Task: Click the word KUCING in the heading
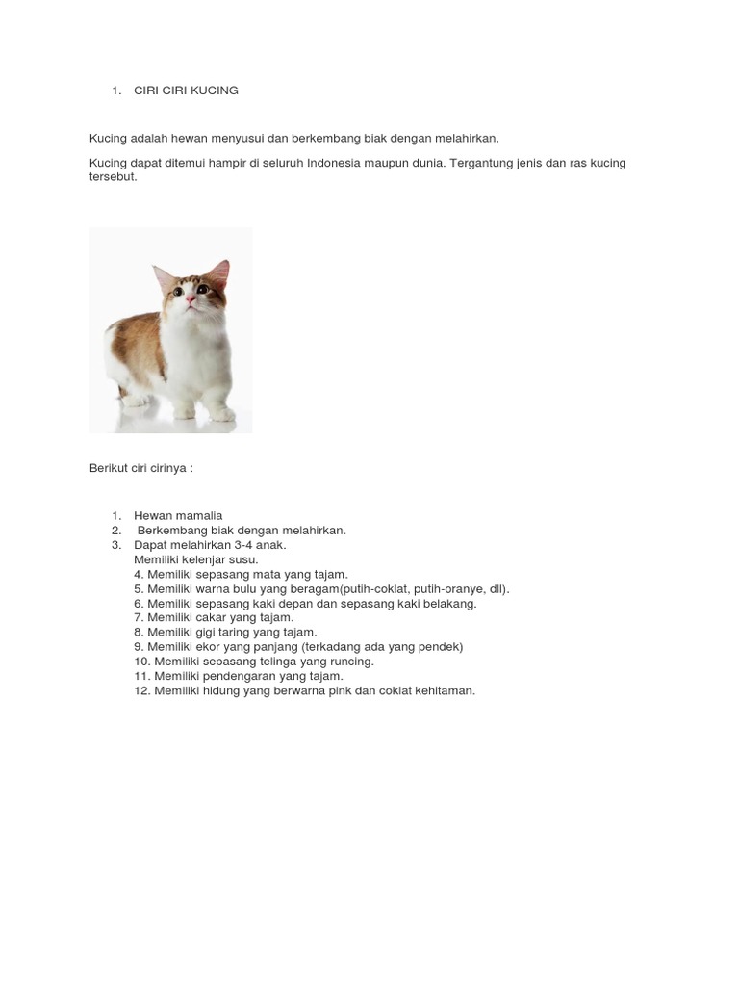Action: pos(215,91)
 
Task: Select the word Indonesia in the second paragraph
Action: pos(339,163)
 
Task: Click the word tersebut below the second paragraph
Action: pos(113,177)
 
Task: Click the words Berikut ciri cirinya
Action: pos(140,468)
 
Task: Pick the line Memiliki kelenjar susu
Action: pos(196,559)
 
